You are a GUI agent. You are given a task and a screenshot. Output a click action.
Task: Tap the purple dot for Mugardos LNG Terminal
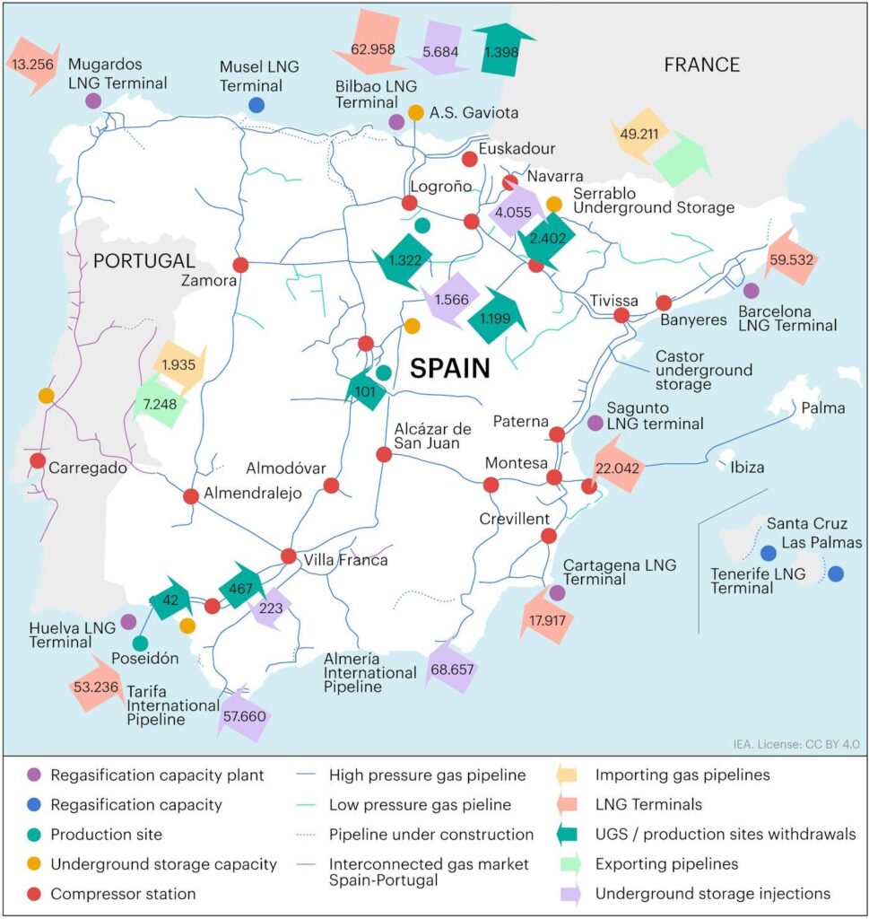click(93, 101)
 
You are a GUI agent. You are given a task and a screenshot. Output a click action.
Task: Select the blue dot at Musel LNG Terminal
click(256, 105)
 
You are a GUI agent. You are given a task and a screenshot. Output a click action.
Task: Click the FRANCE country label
click(701, 65)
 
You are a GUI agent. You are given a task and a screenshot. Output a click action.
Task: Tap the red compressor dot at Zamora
click(240, 265)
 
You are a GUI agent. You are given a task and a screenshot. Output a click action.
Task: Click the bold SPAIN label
click(450, 368)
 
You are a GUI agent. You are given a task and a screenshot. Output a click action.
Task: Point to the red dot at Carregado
click(38, 460)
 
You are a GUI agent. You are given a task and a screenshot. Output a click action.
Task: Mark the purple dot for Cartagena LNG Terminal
click(557, 592)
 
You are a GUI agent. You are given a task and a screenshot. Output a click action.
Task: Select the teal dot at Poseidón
click(141, 643)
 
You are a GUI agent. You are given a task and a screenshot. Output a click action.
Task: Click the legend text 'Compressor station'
click(124, 894)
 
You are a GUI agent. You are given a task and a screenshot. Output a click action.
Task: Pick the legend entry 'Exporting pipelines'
click(666, 864)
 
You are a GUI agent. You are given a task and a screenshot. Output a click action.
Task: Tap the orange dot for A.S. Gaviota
click(416, 112)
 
